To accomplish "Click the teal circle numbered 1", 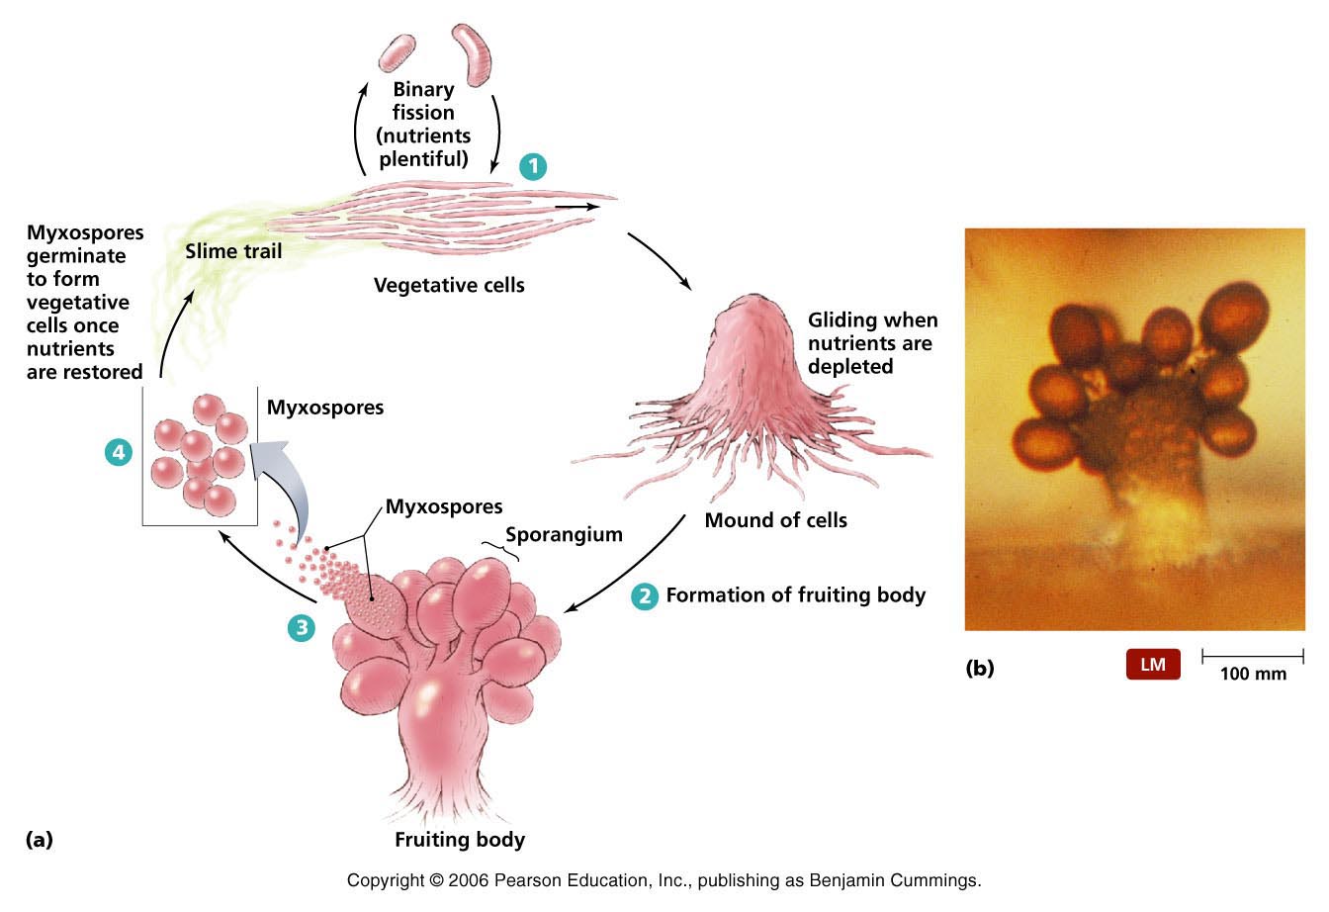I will click(533, 166).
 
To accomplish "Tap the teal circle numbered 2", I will click(645, 595).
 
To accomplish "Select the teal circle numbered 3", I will click(302, 627).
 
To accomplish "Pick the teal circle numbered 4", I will click(119, 453).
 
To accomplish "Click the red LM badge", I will click(1153, 665).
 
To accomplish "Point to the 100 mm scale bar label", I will click(1252, 675).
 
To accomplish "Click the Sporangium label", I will click(564, 535).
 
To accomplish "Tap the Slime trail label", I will click(233, 251).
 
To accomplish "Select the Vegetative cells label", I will click(449, 286).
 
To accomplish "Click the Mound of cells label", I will click(775, 520).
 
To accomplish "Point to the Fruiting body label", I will click(460, 841).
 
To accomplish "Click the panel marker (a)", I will click(39, 840).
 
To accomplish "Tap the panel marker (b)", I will click(979, 669).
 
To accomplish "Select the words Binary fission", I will click(423, 101).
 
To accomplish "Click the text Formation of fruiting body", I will click(795, 595).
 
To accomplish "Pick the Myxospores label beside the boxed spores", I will click(325, 407).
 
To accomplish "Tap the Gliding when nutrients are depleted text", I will click(872, 343).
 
